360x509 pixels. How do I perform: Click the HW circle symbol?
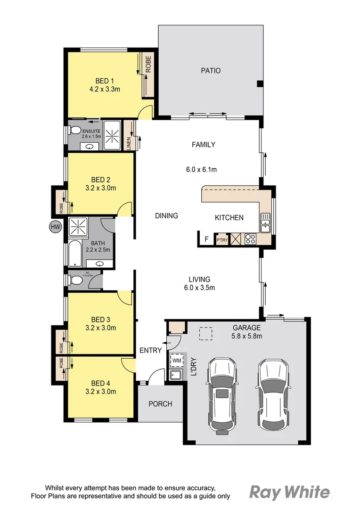[56, 227]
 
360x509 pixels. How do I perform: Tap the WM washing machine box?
[177, 361]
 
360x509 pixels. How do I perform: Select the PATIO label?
[211, 71]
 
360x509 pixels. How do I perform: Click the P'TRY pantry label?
[221, 240]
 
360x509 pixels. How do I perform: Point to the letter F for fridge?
[206, 239]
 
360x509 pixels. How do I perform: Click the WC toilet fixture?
[75, 280]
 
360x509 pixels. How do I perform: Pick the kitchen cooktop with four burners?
[250, 239]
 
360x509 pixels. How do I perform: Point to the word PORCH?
[160, 404]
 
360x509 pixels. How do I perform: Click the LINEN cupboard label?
[130, 143]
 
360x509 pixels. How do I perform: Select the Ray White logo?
[289, 493]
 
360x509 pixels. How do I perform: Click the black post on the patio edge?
[259, 84]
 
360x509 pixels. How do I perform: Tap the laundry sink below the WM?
[177, 375]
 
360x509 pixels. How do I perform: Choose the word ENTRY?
[150, 350]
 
